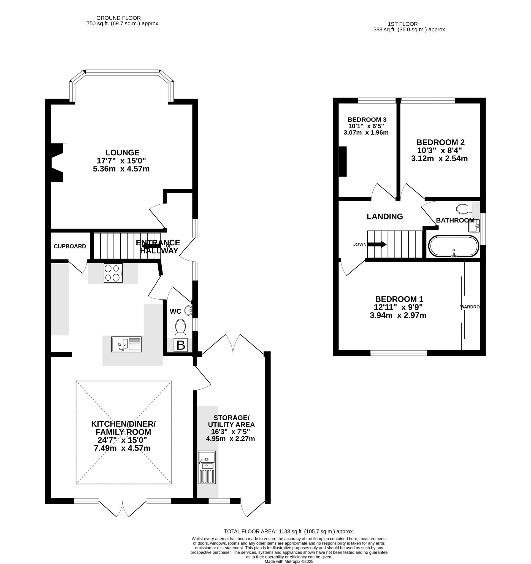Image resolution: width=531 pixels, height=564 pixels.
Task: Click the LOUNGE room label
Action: click(x=122, y=153)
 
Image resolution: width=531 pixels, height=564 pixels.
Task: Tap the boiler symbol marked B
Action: click(x=181, y=345)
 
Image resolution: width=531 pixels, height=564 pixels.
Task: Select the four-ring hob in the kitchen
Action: click(x=113, y=273)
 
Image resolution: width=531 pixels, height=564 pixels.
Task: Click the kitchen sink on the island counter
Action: click(x=126, y=344)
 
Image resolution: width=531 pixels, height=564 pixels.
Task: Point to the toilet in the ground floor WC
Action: click(x=181, y=328)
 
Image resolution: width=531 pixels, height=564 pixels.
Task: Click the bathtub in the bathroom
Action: click(x=454, y=246)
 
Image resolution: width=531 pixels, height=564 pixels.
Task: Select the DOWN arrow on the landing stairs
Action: click(x=377, y=244)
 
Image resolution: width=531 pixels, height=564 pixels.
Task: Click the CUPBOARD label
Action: click(x=70, y=246)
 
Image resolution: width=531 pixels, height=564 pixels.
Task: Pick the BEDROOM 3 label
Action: click(x=367, y=120)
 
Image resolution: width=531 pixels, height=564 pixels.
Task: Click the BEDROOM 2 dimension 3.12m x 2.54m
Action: click(x=439, y=158)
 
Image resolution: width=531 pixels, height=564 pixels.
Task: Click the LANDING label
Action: click(x=385, y=216)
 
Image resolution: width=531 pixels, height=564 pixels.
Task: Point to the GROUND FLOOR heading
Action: click(x=119, y=18)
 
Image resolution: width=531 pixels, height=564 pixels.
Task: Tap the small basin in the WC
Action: click(x=188, y=310)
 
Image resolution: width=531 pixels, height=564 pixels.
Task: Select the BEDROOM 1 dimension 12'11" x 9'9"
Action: click(x=398, y=307)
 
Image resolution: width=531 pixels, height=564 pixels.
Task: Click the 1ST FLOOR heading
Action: click(x=403, y=24)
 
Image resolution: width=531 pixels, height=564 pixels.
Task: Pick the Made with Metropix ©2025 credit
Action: click(x=289, y=562)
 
